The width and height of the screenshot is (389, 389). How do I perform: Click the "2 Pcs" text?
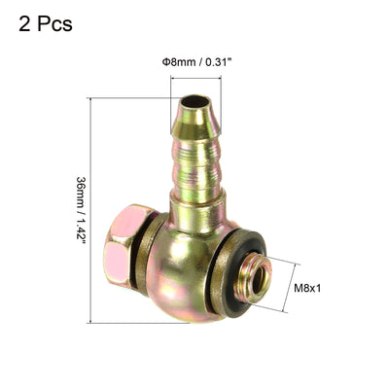click(x=46, y=24)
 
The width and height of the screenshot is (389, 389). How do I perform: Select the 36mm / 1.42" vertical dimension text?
click(x=81, y=208)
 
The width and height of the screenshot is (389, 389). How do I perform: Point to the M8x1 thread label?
click(x=307, y=288)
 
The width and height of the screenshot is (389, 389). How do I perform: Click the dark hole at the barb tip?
click(x=194, y=102)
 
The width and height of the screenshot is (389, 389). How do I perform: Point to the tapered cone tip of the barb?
click(x=195, y=119)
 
